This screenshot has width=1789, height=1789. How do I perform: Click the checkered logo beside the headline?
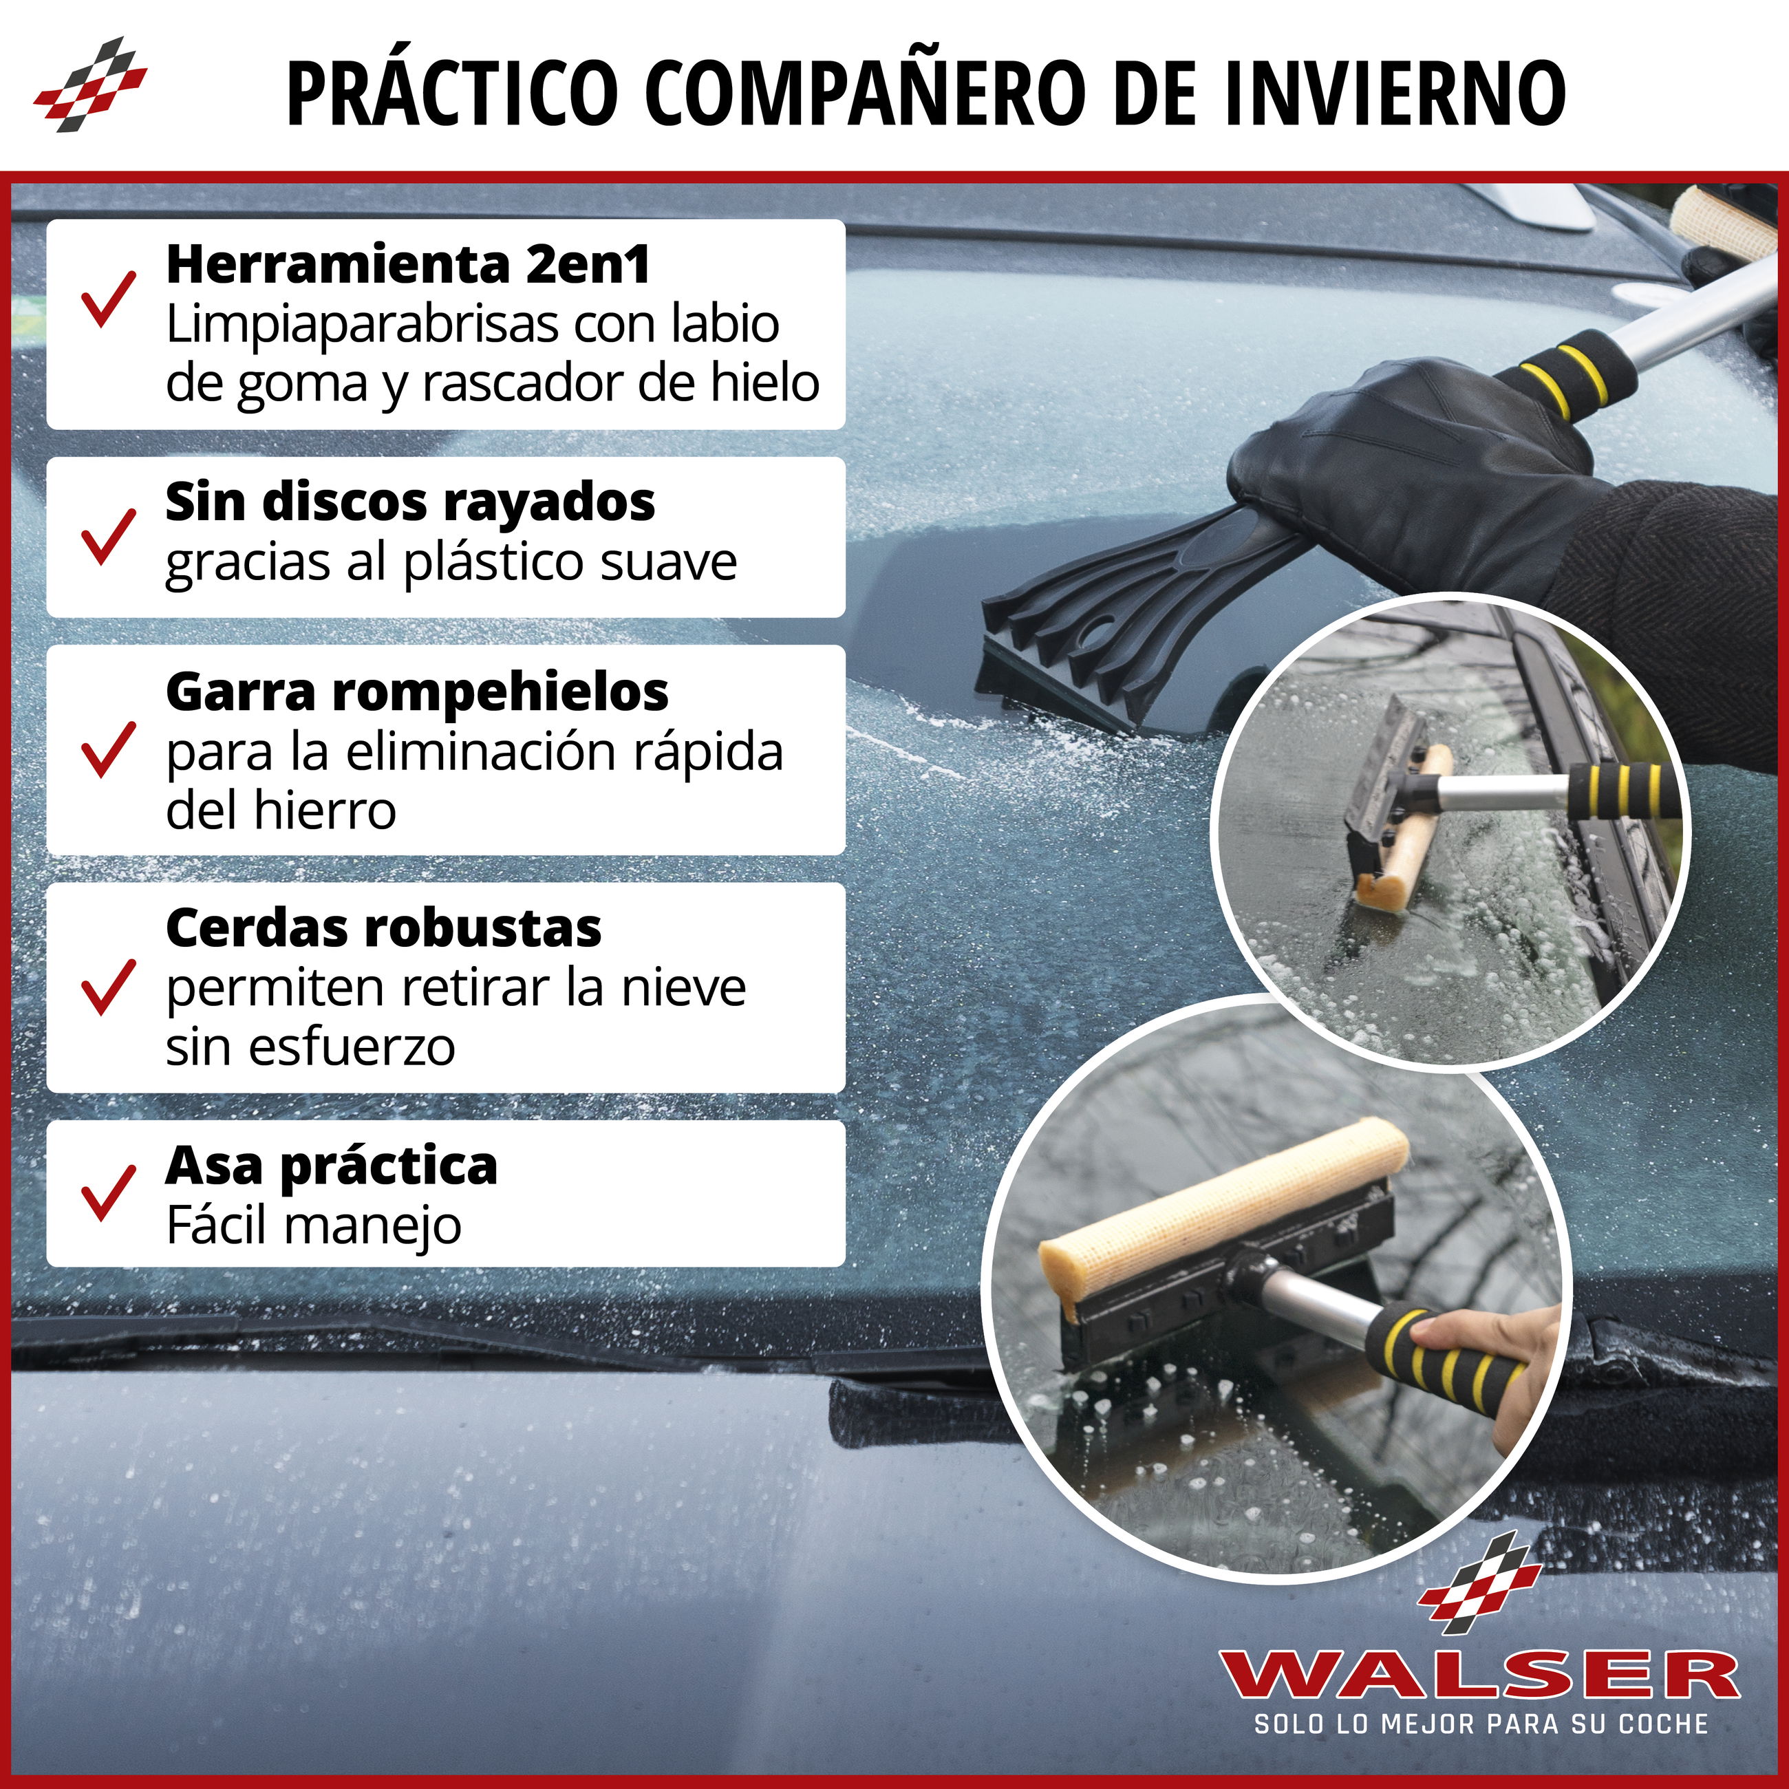[90, 84]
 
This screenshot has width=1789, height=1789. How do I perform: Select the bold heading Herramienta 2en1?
[407, 265]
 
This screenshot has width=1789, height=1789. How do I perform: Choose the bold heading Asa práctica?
[332, 1166]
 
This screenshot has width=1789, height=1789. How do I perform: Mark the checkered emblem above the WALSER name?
[1481, 1583]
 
